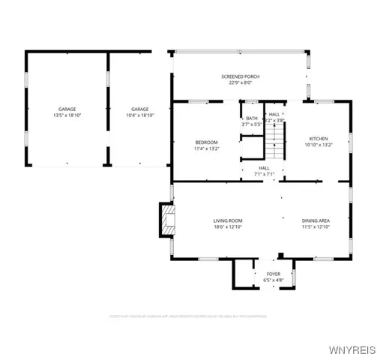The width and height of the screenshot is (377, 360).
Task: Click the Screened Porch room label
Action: (241, 76)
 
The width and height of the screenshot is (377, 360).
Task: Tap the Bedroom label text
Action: (207, 142)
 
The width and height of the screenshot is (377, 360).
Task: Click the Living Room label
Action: (228, 220)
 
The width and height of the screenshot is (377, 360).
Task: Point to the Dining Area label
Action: (316, 220)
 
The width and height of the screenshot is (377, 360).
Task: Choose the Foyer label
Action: (274, 274)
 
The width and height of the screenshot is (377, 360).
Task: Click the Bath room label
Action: (250, 118)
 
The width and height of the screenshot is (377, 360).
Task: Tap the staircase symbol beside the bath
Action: (277, 140)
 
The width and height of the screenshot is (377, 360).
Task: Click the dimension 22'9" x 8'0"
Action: (241, 82)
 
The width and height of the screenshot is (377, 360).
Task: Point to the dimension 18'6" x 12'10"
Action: (228, 226)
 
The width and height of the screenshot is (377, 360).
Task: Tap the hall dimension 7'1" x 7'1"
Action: (265, 173)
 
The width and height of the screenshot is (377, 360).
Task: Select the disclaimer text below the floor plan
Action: (188, 316)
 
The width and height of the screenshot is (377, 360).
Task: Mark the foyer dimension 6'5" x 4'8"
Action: (274, 280)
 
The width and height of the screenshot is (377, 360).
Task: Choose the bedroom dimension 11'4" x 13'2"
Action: (207, 148)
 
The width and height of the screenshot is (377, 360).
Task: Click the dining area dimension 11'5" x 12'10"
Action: (316, 226)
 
